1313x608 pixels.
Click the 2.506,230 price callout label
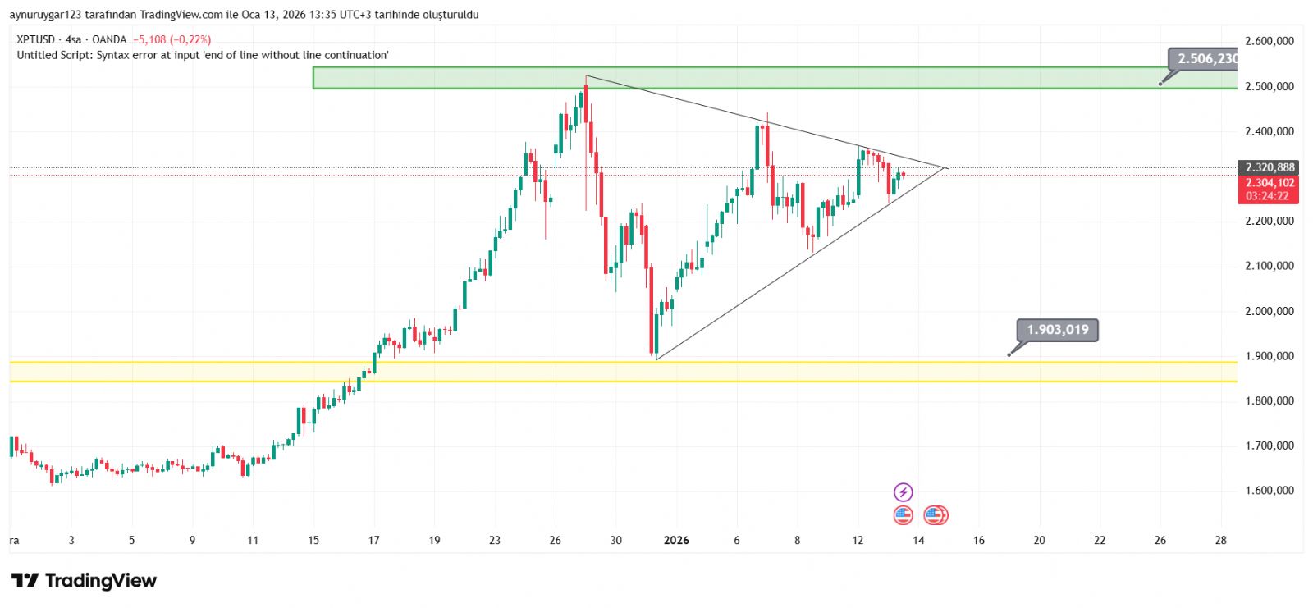(1205, 59)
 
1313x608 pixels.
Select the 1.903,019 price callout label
(1057, 330)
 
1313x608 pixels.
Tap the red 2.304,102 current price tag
(1270, 183)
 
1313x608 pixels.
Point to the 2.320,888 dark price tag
(1270, 167)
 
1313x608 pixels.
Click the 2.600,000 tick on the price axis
(1269, 41)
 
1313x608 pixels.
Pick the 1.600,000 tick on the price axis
(1269, 491)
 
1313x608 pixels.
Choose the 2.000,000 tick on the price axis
(1269, 311)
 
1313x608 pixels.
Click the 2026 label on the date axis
(676, 540)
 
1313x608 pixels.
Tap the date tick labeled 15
(313, 540)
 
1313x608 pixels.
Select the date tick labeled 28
(1220, 540)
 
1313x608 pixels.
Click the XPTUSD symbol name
(35, 39)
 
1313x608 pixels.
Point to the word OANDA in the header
(109, 39)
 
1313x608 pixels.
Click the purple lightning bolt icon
(903, 492)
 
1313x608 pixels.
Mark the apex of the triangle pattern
(946, 168)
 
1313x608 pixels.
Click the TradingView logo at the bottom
(84, 581)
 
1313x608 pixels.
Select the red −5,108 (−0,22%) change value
(172, 39)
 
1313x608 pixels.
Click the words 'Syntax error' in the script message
(126, 55)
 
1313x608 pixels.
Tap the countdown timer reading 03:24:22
(1267, 196)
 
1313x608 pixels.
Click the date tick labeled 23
(494, 540)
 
